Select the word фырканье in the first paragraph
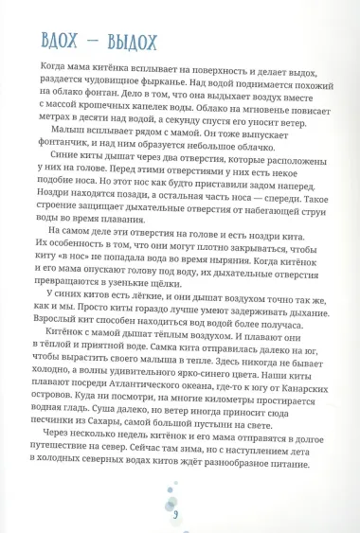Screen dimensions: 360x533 pos(189,81)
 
